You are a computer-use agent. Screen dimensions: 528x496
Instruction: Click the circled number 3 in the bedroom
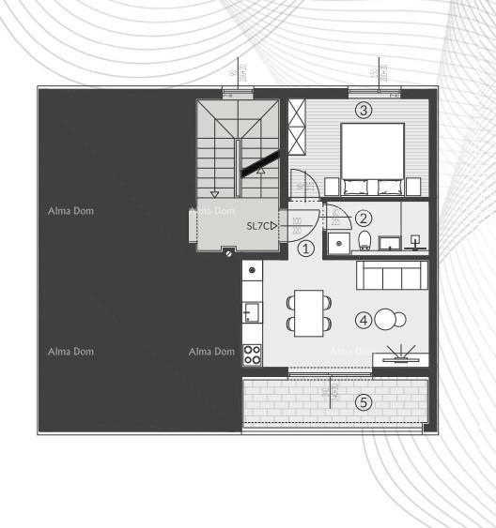click(x=364, y=110)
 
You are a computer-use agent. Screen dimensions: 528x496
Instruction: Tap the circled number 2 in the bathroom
click(x=364, y=218)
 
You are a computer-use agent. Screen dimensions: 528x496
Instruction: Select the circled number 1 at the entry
click(x=305, y=249)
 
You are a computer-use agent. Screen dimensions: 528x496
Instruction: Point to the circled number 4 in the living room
click(x=364, y=320)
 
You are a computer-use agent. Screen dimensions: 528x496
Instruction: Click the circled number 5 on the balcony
click(x=364, y=402)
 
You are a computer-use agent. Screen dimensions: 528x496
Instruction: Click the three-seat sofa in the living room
click(x=392, y=276)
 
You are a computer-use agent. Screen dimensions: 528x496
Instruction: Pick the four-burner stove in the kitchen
click(x=252, y=354)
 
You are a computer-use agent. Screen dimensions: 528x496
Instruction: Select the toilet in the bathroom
click(x=365, y=240)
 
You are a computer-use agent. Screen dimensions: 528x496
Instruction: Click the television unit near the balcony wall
click(x=401, y=357)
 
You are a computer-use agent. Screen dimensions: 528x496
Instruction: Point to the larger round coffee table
click(x=386, y=320)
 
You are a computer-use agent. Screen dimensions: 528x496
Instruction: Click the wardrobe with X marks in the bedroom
click(x=298, y=128)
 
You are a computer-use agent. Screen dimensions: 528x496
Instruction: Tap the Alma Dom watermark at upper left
click(x=70, y=211)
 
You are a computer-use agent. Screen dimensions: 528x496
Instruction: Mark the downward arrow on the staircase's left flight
click(x=215, y=184)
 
